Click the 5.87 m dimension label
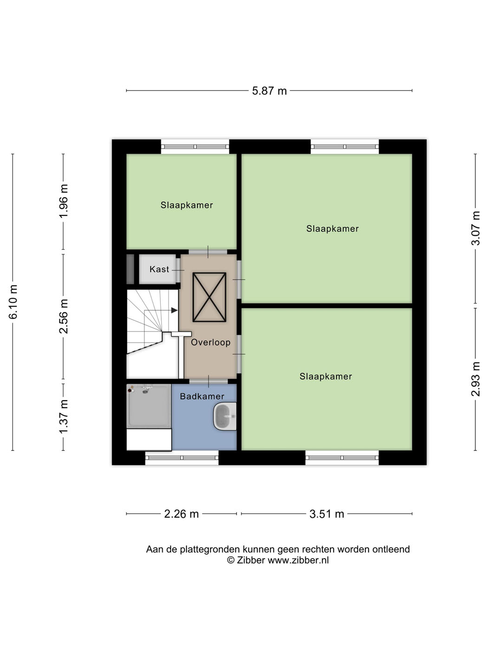click(270, 91)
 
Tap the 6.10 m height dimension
click(13, 302)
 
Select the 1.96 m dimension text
click(64, 201)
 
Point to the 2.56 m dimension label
click(64, 316)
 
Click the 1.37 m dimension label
click(64, 416)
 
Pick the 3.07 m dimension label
click(475, 228)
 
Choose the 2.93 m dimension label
click(475, 379)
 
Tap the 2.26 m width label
click(181, 514)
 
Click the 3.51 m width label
click(327, 514)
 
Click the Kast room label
click(159, 269)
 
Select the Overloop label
click(211, 342)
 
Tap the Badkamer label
click(202, 396)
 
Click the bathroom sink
click(225, 416)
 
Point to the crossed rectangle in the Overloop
click(209, 297)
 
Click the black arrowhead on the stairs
click(174, 310)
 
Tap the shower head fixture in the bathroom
click(145, 391)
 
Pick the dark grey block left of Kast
click(131, 269)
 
